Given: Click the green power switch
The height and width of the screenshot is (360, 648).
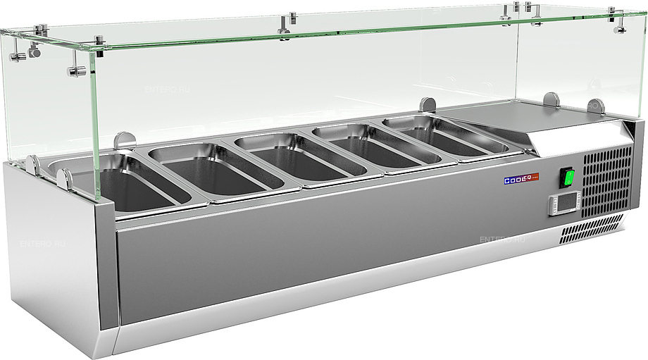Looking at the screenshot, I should click(x=567, y=178).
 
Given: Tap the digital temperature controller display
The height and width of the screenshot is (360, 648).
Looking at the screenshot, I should click(x=563, y=205).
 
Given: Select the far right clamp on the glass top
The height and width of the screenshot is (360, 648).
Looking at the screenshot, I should click(x=620, y=21).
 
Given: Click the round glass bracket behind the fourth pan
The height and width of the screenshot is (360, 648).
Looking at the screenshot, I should click(x=428, y=104).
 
